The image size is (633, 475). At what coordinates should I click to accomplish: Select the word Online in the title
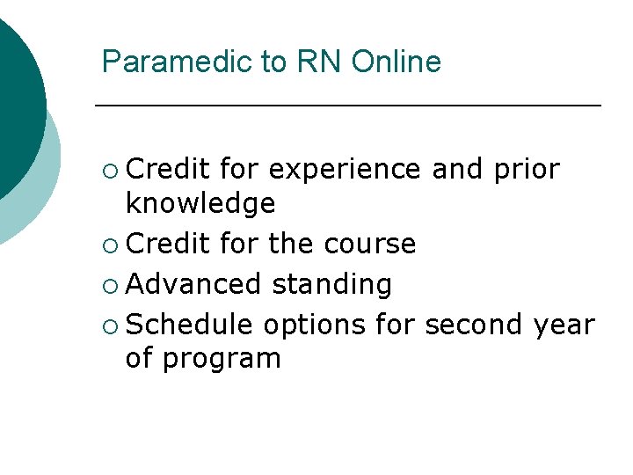[x=397, y=62]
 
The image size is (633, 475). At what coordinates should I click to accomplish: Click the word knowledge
[x=200, y=203]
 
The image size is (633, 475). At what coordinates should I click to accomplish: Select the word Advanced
[x=193, y=284]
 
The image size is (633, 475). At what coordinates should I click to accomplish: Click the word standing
[x=332, y=285]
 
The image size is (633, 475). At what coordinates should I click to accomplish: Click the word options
[x=314, y=325]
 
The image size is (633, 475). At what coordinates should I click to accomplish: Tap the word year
[x=564, y=325]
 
